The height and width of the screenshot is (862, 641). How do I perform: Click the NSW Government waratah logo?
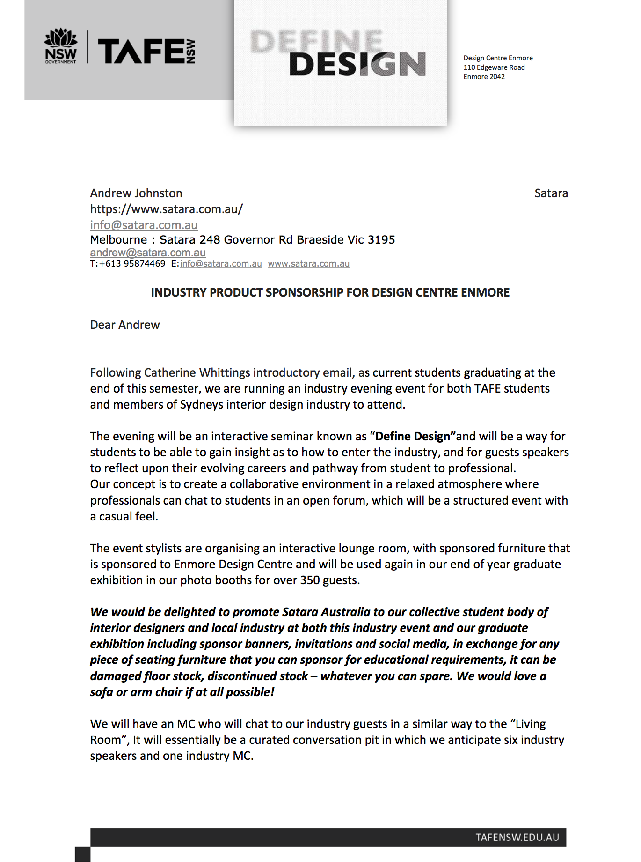[x=60, y=46]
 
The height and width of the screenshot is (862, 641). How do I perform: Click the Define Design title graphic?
[x=339, y=53]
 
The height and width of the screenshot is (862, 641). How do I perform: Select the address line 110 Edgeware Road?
[x=494, y=67]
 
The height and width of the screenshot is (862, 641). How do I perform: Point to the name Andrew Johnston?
[x=136, y=193]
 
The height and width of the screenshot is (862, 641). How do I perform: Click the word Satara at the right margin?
[x=551, y=193]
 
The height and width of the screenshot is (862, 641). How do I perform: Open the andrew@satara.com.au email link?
[x=148, y=253]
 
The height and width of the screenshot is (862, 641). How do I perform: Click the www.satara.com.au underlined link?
[x=308, y=264]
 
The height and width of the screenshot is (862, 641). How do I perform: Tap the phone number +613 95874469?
[x=132, y=264]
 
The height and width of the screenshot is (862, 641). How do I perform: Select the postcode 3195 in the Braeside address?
[x=381, y=240]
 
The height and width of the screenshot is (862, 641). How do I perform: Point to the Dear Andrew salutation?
[x=125, y=325]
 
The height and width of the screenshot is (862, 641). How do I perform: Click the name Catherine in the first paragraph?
[x=170, y=372]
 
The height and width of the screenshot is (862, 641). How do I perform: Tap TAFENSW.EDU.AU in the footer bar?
[x=517, y=837]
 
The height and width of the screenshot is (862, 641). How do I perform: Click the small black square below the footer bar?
[x=82, y=854]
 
